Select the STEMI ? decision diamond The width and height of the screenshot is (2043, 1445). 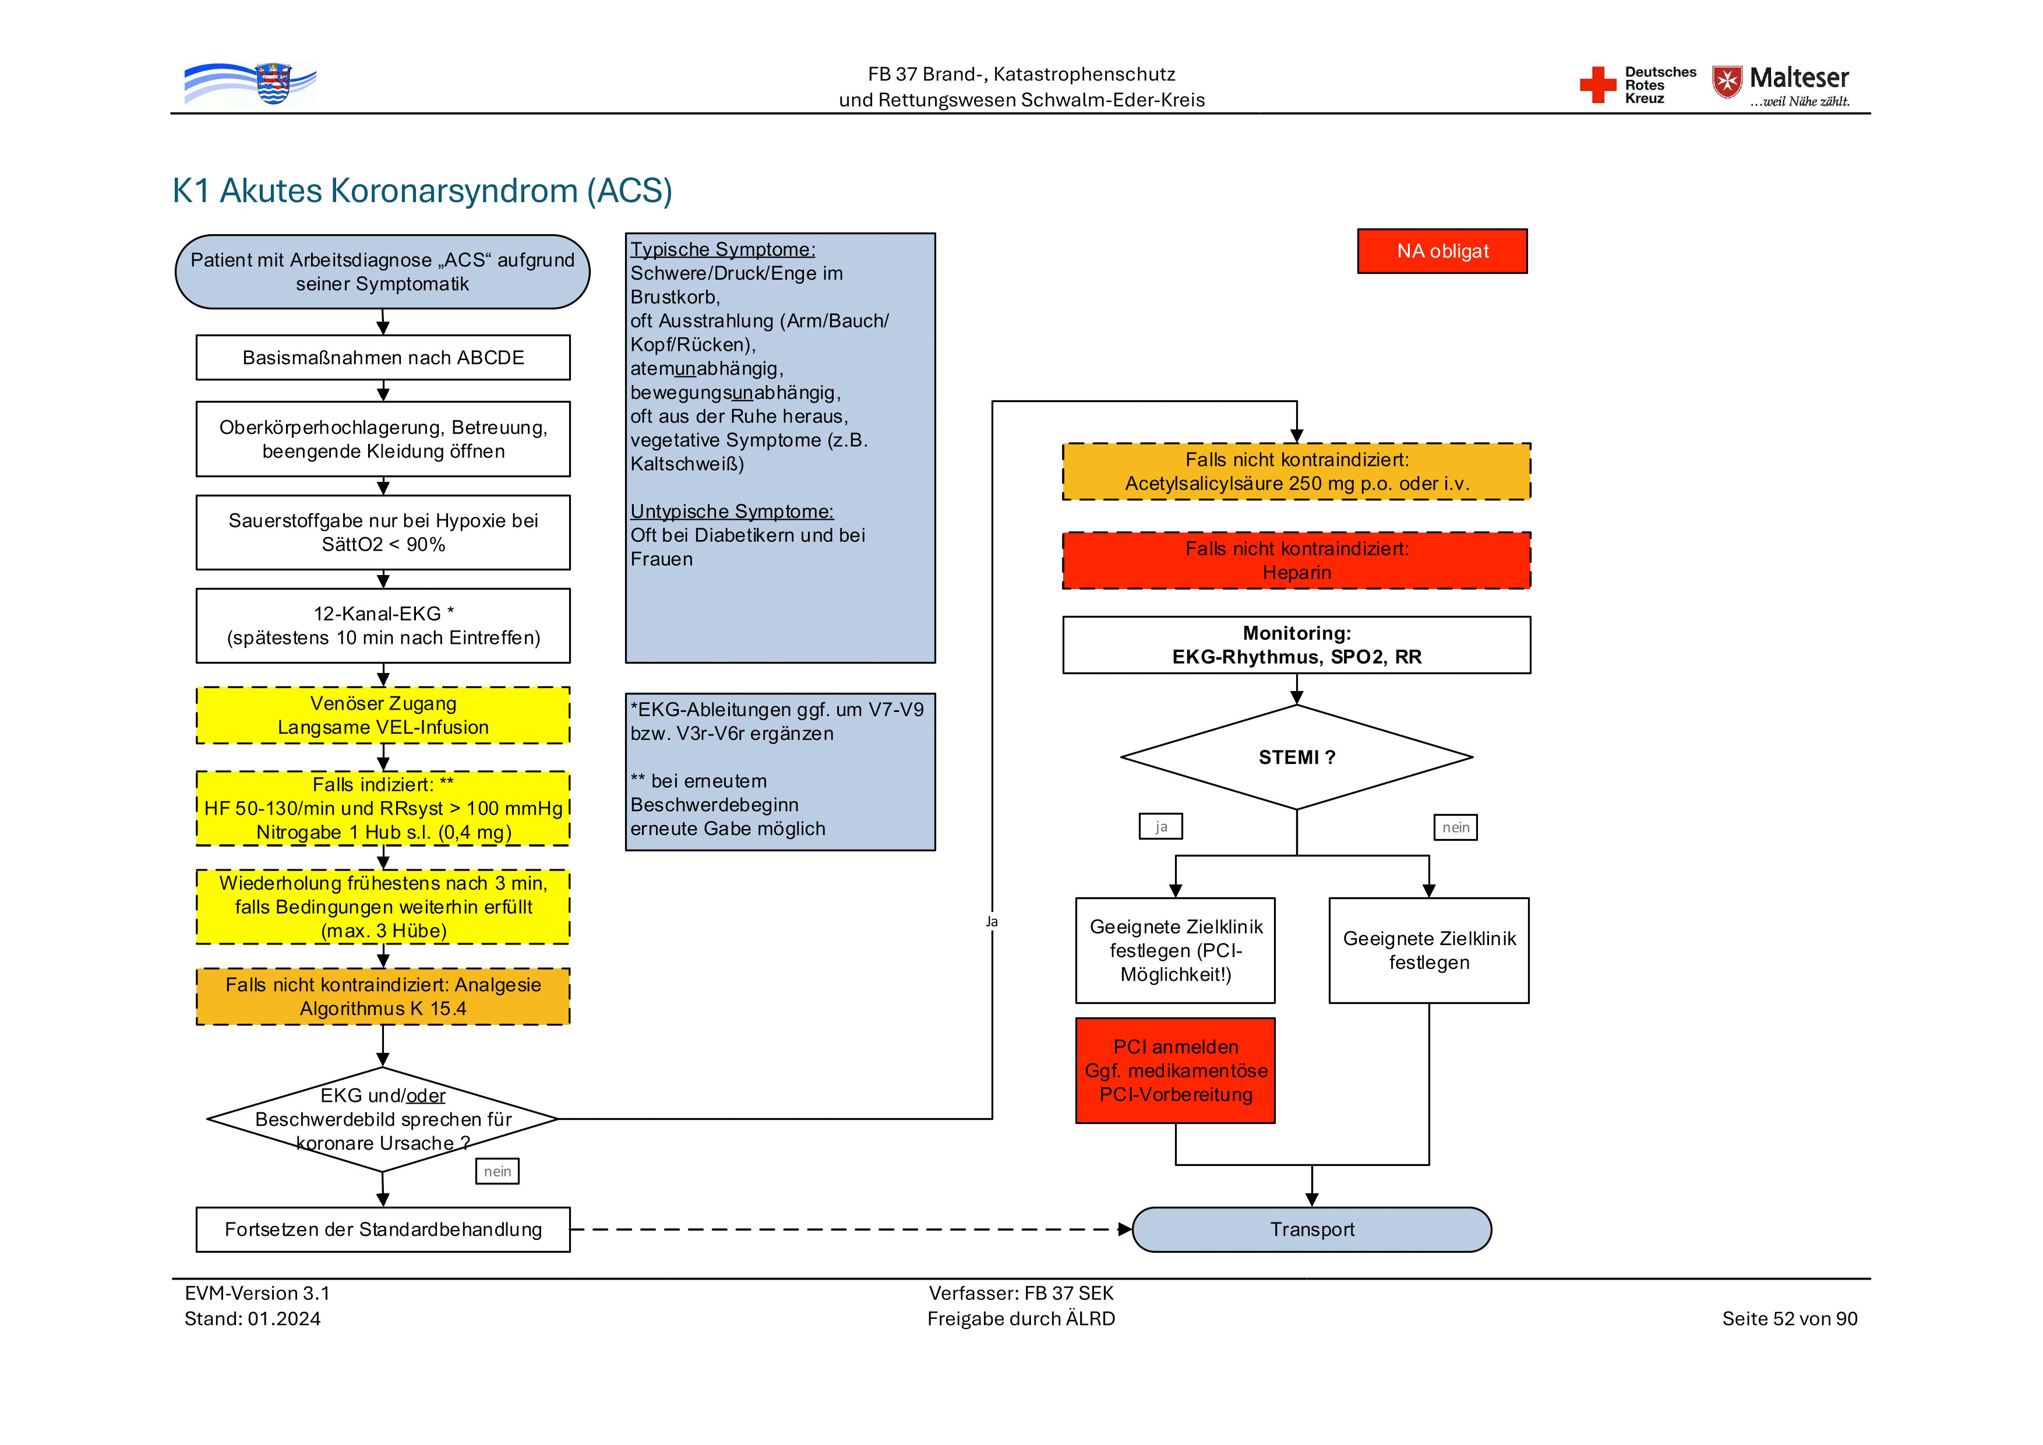pos(1296,757)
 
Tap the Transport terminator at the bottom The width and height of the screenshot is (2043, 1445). pos(1311,1229)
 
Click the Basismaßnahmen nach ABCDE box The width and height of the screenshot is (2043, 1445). pos(383,358)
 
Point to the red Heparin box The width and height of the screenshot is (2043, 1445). pos(1296,561)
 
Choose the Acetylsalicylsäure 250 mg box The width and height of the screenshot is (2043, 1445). pos(1296,471)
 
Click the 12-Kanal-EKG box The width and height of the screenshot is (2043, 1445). pos(383,626)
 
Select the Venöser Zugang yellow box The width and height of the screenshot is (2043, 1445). pos(383,716)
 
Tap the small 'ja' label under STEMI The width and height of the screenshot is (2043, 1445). pos(1160,827)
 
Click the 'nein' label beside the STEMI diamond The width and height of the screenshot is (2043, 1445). pos(1456,827)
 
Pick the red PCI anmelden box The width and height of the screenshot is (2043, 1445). pos(1176,1070)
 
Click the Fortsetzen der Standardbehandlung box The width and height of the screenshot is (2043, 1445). pos(383,1229)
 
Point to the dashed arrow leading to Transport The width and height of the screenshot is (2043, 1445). pos(845,1229)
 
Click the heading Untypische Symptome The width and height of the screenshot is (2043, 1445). pos(732,512)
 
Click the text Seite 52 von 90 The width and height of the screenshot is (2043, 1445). pos(1790,1319)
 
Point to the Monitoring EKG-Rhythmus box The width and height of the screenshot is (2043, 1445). pos(1296,645)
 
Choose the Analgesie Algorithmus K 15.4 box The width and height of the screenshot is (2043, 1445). pos(383,996)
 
